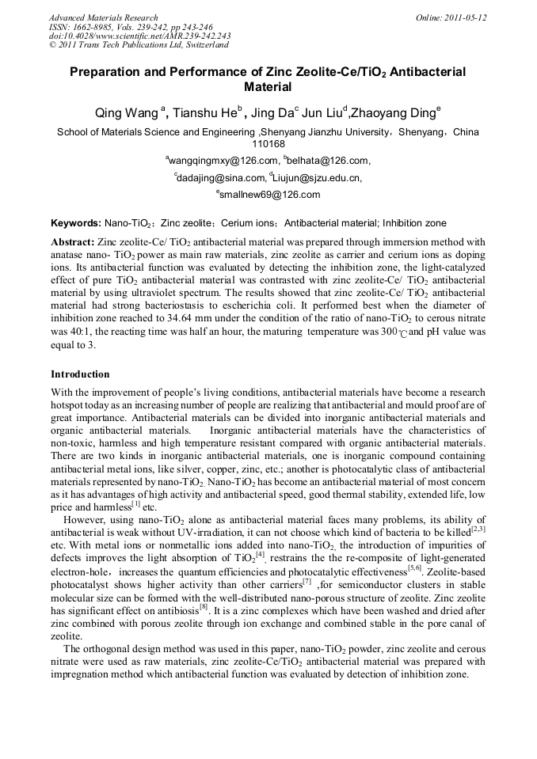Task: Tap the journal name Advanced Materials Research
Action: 103,17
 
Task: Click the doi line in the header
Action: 139,36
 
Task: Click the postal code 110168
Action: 268,144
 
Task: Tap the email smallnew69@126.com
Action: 269,194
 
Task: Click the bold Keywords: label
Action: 76,223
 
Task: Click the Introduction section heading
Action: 80,374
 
